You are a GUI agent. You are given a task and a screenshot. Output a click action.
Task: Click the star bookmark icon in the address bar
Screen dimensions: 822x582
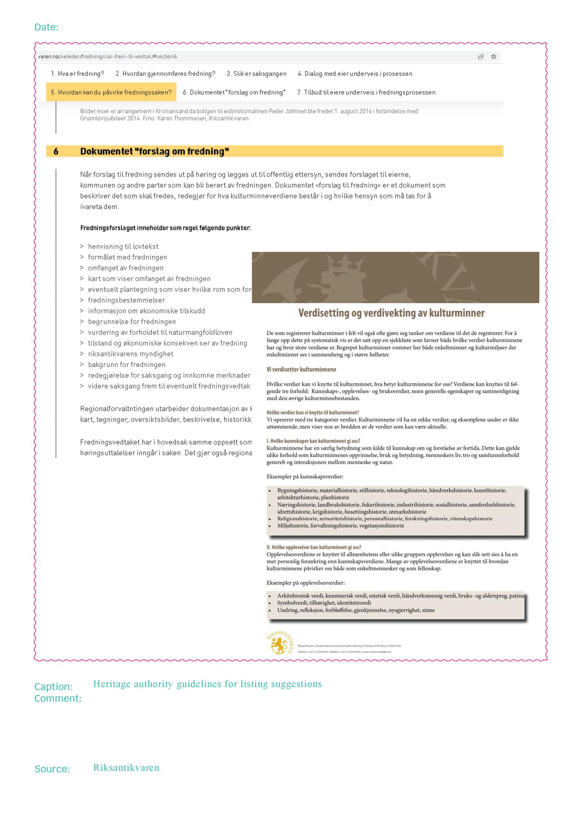pyautogui.click(x=493, y=57)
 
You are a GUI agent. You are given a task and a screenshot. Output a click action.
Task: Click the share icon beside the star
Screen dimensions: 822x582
pyautogui.click(x=481, y=57)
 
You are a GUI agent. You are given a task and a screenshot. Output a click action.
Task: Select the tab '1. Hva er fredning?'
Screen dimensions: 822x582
pyautogui.click(x=77, y=74)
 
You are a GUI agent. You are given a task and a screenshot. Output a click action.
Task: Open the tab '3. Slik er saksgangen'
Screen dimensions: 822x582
pyautogui.click(x=256, y=74)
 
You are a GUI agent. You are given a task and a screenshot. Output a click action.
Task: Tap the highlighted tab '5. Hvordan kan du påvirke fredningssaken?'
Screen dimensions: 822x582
pyautogui.click(x=111, y=92)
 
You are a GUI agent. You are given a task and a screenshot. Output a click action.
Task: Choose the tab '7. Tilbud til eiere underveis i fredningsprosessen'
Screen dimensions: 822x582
pyautogui.click(x=366, y=92)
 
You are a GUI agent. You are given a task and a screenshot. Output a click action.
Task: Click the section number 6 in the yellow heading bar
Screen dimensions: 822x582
pyautogui.click(x=56, y=151)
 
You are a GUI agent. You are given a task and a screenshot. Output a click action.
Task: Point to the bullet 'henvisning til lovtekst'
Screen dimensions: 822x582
pyautogui.click(x=123, y=246)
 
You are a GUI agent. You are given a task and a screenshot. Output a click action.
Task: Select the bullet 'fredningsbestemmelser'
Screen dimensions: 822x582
pyautogui.click(x=126, y=300)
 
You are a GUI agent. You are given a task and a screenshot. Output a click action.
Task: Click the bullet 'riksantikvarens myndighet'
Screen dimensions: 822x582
pyautogui.click(x=130, y=354)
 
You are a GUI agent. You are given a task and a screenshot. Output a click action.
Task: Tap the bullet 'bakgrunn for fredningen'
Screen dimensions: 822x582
pyautogui.click(x=127, y=364)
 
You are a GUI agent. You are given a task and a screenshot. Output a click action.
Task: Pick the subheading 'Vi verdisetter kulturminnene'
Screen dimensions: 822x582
pyautogui.click(x=301, y=369)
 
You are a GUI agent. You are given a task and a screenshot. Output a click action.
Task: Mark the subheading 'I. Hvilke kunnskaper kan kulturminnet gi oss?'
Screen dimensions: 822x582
pyautogui.click(x=313, y=441)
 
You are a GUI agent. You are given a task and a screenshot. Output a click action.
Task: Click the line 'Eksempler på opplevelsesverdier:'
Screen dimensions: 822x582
pyautogui.click(x=305, y=583)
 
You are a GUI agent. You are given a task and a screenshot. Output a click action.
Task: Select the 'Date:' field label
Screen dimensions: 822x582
pyautogui.click(x=46, y=27)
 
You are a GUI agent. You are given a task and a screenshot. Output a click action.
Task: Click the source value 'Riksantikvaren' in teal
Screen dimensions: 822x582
pyautogui.click(x=126, y=768)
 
